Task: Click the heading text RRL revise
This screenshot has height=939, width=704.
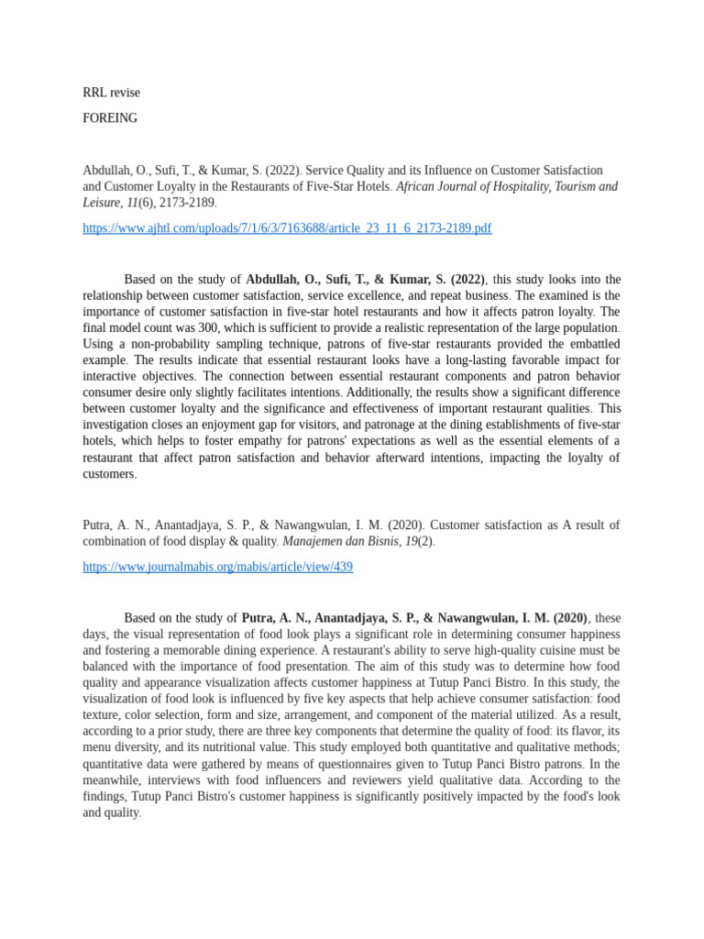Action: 111,93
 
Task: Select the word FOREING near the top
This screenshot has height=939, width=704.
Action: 110,118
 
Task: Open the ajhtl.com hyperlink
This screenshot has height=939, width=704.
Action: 287,228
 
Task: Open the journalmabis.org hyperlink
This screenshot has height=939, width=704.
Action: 217,568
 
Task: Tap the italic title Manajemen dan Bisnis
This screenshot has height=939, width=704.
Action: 338,542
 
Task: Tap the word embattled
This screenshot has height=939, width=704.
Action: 581,344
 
